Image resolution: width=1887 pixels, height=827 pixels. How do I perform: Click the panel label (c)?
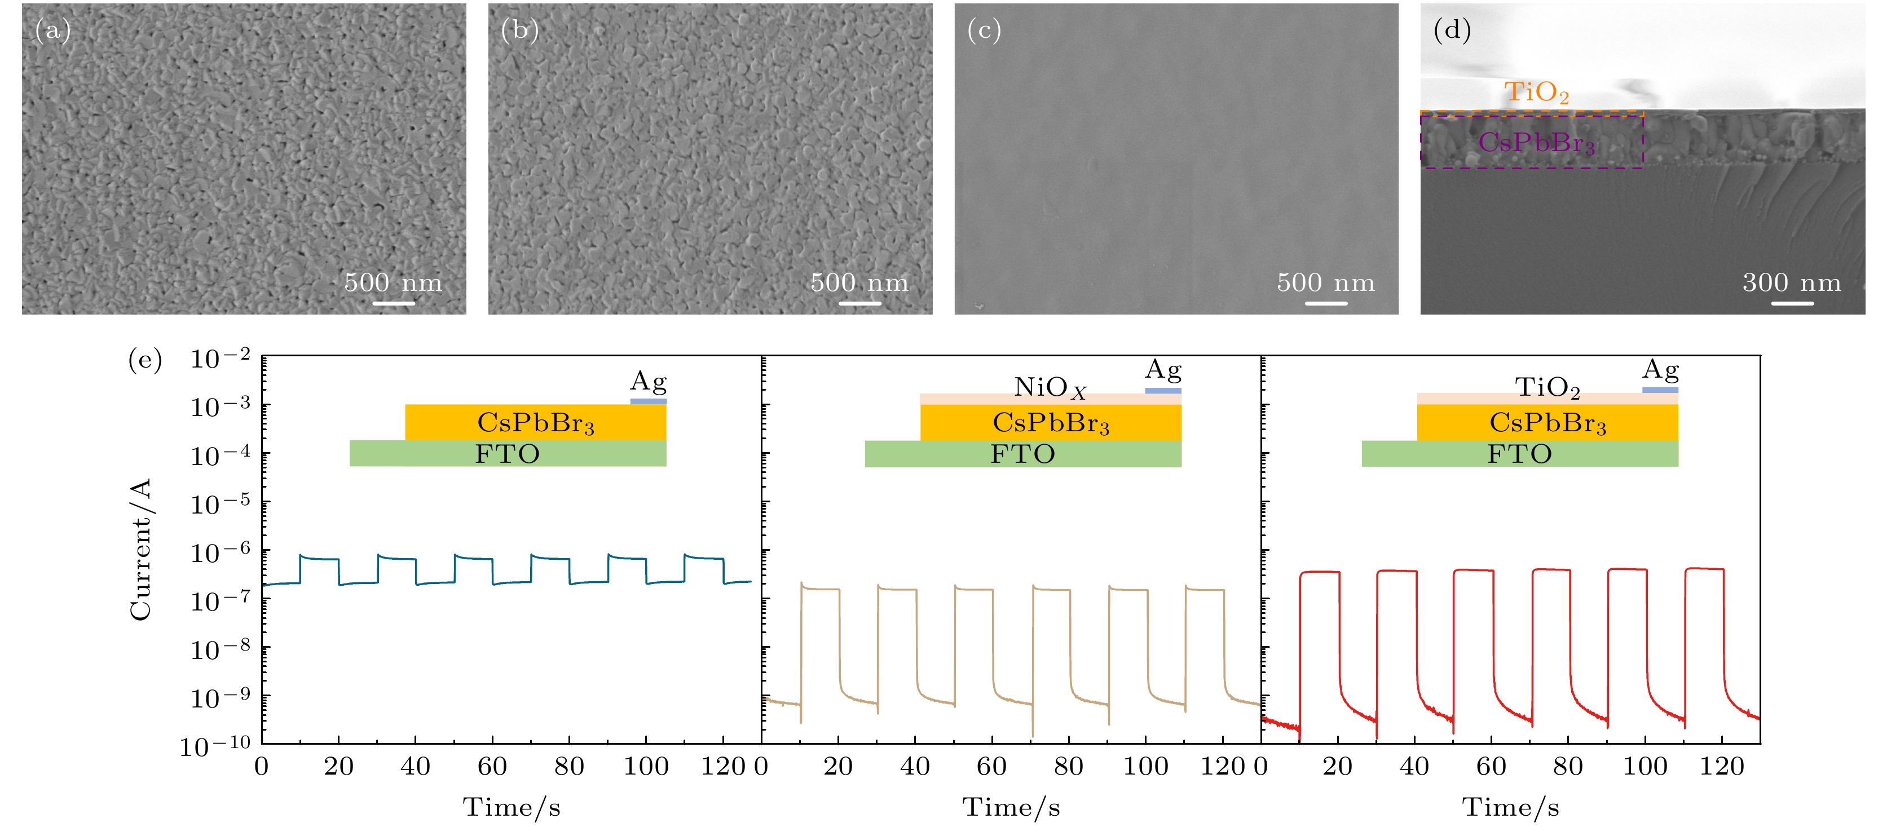pos(984,31)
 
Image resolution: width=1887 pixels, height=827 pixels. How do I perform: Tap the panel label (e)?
pos(144,360)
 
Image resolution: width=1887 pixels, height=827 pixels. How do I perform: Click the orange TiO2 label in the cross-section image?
pos(1536,93)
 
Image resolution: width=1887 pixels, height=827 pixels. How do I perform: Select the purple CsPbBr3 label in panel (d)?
pos(1536,143)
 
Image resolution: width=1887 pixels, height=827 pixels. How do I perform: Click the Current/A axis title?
pos(140,550)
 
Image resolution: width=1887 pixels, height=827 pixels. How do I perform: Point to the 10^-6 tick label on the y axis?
pos(220,551)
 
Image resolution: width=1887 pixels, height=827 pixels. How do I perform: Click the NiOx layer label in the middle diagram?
pos(1050,387)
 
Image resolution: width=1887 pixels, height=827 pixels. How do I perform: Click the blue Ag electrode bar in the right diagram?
pos(1660,390)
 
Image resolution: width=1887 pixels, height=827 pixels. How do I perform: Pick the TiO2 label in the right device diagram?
pos(1547,387)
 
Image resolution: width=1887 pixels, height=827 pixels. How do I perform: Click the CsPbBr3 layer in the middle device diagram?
pos(1051,423)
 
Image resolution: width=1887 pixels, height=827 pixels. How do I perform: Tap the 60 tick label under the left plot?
pos(492,767)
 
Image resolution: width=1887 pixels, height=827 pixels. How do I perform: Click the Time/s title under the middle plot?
pos(1011,807)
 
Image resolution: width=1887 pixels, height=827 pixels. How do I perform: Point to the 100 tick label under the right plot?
pos(1644,767)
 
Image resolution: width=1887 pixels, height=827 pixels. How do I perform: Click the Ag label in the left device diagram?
pos(649,382)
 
